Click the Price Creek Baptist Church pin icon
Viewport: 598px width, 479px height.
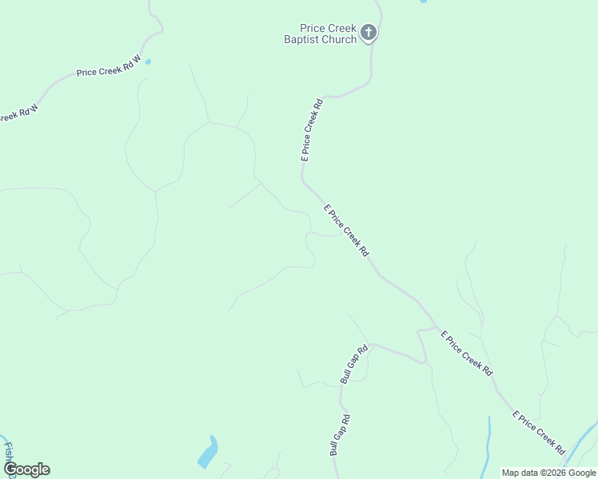(x=368, y=33)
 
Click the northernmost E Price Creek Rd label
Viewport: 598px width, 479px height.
(x=311, y=130)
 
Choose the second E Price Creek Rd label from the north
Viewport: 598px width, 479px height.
(x=346, y=231)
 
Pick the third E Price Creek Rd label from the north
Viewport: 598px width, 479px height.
(x=467, y=354)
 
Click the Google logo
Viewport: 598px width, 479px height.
(x=26, y=469)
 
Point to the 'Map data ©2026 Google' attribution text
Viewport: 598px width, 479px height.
(x=548, y=473)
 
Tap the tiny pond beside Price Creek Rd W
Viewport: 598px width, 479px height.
(x=148, y=61)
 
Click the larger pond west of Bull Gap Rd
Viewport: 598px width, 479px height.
(x=208, y=453)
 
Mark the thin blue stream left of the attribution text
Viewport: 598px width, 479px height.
(x=488, y=447)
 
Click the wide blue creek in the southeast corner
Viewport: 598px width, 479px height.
(x=582, y=443)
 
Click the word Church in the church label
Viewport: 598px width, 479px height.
(x=339, y=39)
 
